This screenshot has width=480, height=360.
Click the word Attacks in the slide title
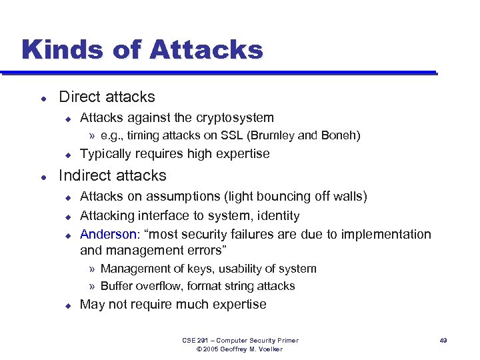coord(207,49)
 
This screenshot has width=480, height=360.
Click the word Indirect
coord(83,176)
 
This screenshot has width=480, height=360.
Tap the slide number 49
coord(443,341)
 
